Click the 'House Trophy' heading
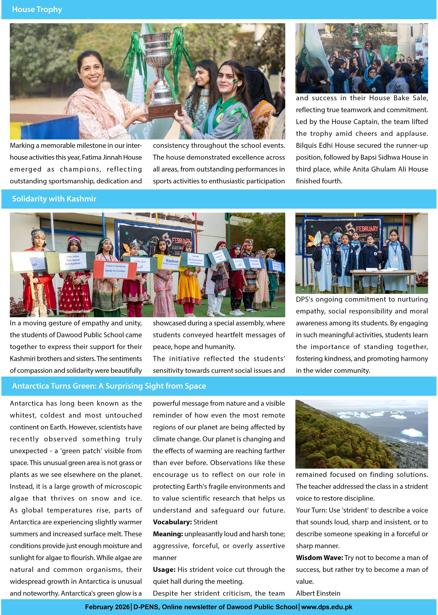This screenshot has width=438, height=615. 37,9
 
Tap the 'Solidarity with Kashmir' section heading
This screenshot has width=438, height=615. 54,199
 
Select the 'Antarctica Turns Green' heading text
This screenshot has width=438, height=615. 109,386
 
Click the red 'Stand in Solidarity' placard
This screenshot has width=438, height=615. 115,269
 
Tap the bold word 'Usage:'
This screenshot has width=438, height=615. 164,569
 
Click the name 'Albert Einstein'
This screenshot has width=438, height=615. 318,593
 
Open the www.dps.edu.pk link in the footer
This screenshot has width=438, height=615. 327,607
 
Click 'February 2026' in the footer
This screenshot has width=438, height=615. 107,607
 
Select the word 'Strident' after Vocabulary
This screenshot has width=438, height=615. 205,522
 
